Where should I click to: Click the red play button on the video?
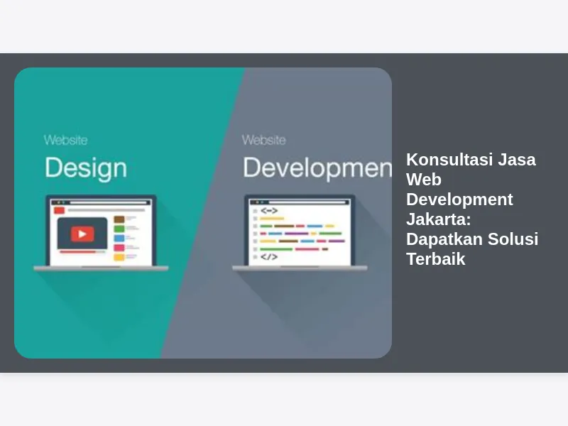click(82, 234)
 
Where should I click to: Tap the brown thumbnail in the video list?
click(119, 219)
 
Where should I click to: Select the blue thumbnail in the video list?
click(119, 238)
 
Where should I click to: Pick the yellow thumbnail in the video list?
click(119, 257)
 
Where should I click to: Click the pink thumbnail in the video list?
click(119, 248)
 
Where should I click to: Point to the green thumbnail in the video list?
click(119, 229)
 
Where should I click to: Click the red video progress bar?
click(78, 251)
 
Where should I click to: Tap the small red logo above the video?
click(59, 210)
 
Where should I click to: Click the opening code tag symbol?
click(269, 210)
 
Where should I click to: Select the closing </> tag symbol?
click(269, 257)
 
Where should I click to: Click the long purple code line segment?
click(296, 234)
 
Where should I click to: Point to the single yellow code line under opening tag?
click(272, 219)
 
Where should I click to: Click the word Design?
click(86, 168)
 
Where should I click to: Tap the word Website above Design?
click(65, 140)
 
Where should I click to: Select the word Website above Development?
click(263, 140)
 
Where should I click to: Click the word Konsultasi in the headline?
click(449, 159)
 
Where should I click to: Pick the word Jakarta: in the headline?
click(438, 219)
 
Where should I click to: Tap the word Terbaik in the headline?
click(436, 259)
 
